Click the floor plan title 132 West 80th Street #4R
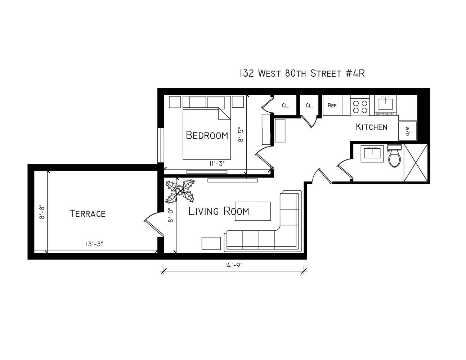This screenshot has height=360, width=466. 302,73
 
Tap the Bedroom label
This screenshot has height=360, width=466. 207,135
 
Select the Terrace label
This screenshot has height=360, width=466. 88,213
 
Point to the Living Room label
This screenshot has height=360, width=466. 219,211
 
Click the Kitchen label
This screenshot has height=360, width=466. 371,127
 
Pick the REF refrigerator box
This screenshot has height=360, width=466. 332,105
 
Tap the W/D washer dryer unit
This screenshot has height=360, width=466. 408,131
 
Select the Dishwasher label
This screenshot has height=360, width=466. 385,114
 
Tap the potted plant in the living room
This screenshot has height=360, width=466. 180,191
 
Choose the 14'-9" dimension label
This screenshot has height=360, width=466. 234,265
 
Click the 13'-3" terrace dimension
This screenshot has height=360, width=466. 94,244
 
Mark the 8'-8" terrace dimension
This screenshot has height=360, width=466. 42,212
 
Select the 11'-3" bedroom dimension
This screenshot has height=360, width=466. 217,163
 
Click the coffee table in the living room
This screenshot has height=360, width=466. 252,211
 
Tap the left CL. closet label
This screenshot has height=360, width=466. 286,105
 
